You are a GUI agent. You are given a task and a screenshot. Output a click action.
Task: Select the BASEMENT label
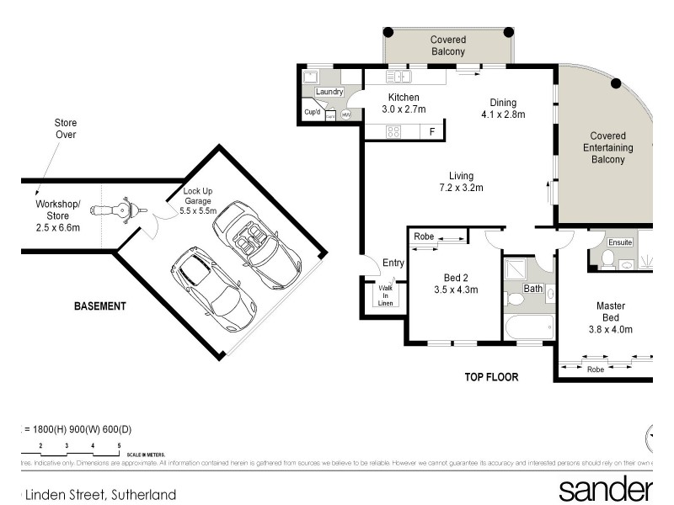(x=99, y=306)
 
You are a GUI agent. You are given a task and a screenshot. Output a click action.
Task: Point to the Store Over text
(x=66, y=129)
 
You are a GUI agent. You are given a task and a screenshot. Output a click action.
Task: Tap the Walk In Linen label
(x=385, y=295)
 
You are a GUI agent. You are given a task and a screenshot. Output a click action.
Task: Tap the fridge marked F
(x=432, y=132)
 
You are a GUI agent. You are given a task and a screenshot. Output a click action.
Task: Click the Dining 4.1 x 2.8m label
(x=503, y=109)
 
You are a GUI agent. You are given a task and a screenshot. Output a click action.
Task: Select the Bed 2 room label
(x=461, y=284)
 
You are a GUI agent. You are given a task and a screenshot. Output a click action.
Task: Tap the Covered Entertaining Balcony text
(x=607, y=147)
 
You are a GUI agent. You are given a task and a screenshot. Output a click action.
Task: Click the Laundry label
(x=328, y=91)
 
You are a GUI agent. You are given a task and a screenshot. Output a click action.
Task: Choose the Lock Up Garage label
(x=200, y=202)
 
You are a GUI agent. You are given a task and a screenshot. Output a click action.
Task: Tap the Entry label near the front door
(x=393, y=263)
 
